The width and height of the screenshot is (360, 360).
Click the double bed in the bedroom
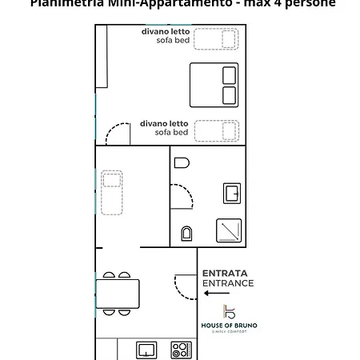pyautogui.click(x=214, y=85)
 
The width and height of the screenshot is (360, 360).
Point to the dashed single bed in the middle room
pyautogui.click(x=112, y=194)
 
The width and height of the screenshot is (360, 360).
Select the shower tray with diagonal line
pyautogui.click(x=229, y=230)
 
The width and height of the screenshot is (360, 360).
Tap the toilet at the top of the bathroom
pyautogui.click(x=182, y=162)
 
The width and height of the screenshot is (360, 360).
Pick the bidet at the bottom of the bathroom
pyautogui.click(x=186, y=233)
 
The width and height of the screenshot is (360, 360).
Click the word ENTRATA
pyautogui.click(x=225, y=273)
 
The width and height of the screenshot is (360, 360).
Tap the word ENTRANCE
pyautogui.click(x=228, y=283)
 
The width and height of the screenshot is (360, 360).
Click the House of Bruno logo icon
pyautogui.click(x=230, y=311)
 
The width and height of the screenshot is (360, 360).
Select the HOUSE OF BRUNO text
pyautogui.click(x=229, y=325)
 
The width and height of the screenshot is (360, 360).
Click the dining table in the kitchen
pyautogui.click(x=118, y=294)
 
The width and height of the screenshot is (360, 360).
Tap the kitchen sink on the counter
pyautogui.click(x=146, y=350)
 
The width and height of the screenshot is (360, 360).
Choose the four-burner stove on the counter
pyautogui.click(x=182, y=350)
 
